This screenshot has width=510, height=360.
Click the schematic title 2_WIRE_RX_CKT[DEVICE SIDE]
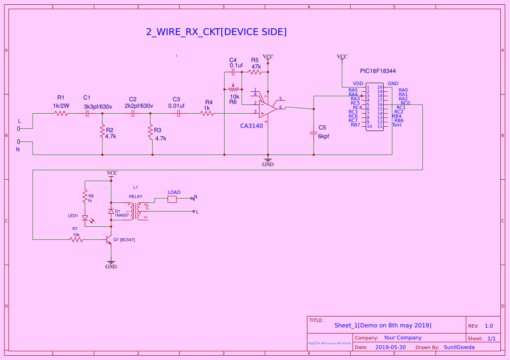coord(216,32)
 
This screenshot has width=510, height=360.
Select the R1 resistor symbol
coord(61,113)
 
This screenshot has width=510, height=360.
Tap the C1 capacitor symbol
coord(87,113)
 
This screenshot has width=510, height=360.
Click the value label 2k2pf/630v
coord(139,106)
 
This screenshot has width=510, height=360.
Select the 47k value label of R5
coord(256,67)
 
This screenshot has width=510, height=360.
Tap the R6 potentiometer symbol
coord(233,88)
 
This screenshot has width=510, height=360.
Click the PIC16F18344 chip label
coord(378,71)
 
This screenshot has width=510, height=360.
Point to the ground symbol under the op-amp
coord(268,159)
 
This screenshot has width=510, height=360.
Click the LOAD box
coord(172,199)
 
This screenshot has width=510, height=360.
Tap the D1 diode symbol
coord(111,211)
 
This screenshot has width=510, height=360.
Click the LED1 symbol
coord(85,218)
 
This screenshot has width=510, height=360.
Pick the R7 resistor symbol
coord(76,239)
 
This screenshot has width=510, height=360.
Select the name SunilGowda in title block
coord(459,347)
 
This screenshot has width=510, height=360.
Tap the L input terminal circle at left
coord(19,128)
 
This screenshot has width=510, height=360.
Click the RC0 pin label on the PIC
coord(405,103)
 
